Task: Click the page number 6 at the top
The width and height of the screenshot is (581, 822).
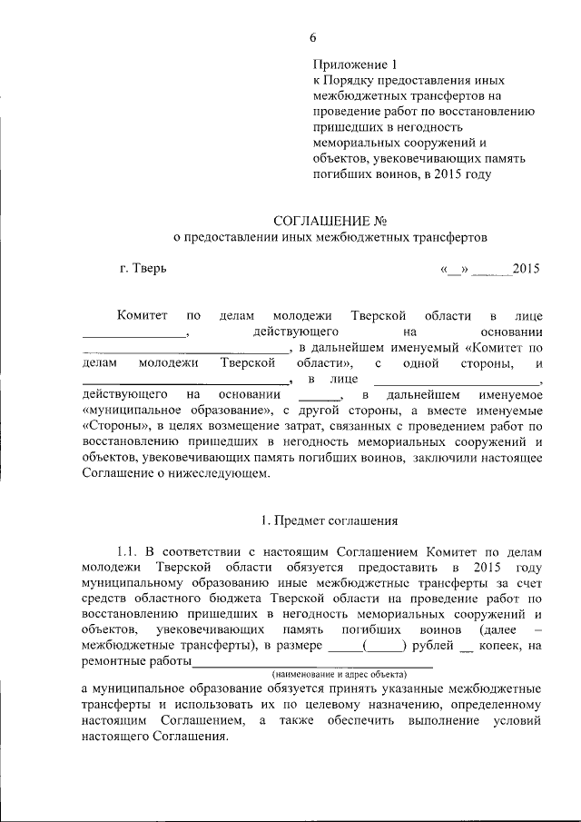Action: click(313, 37)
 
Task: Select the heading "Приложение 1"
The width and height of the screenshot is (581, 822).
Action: click(355, 64)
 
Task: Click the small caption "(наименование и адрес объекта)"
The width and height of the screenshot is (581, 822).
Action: click(340, 675)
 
